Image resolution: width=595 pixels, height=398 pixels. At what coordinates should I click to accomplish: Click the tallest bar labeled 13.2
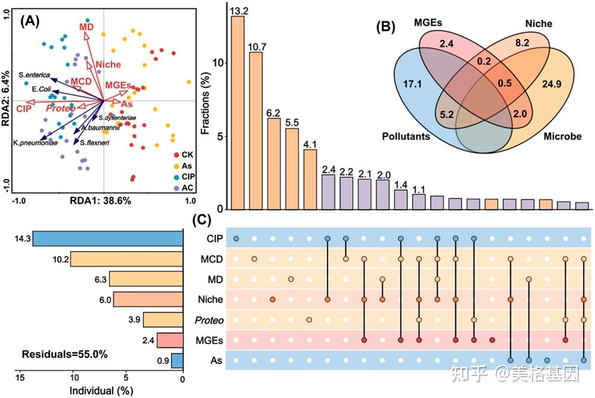click(x=237, y=113)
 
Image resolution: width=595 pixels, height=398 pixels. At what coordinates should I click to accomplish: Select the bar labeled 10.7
click(x=256, y=130)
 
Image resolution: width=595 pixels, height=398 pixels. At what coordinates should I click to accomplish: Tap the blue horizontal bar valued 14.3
click(x=107, y=238)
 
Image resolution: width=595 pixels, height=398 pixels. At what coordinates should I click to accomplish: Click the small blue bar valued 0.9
click(x=177, y=360)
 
